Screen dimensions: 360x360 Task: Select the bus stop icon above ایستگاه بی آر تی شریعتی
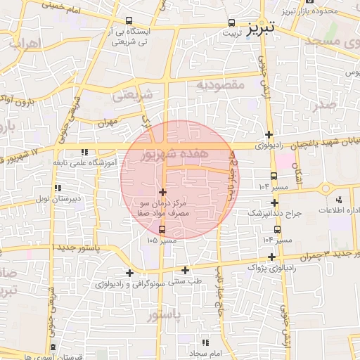pos(128,21)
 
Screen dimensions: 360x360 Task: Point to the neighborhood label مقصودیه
pos(219,86)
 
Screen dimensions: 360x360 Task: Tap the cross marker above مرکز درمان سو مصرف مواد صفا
pos(163,192)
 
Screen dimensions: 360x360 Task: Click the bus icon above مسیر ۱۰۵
pos(163,230)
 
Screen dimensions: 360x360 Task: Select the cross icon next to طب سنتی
pos(185,270)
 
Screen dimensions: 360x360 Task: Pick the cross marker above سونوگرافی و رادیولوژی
pos(129,273)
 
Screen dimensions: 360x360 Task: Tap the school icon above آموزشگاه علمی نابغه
pos(84,152)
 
